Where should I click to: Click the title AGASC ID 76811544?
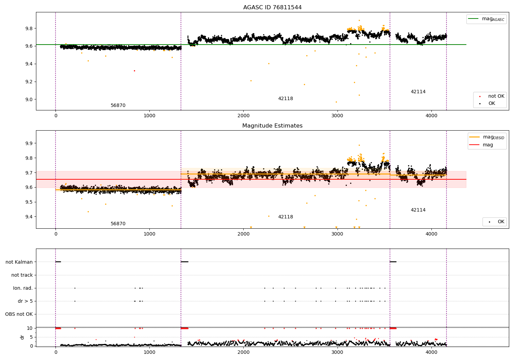tap(272, 8)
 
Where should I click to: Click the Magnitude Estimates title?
tap(272, 126)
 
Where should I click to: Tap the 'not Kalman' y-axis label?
tap(19, 262)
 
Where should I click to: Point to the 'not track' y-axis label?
tap(22, 275)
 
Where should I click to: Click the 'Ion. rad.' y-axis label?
tap(23, 288)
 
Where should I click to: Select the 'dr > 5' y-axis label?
tap(25, 301)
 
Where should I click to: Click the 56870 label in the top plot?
tap(118, 106)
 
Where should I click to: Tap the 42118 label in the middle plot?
tap(285, 217)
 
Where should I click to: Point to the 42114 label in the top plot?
tap(418, 92)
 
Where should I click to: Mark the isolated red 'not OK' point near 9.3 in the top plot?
tap(134, 71)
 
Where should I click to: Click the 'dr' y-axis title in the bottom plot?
tap(22, 337)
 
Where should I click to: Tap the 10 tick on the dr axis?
tap(30, 328)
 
